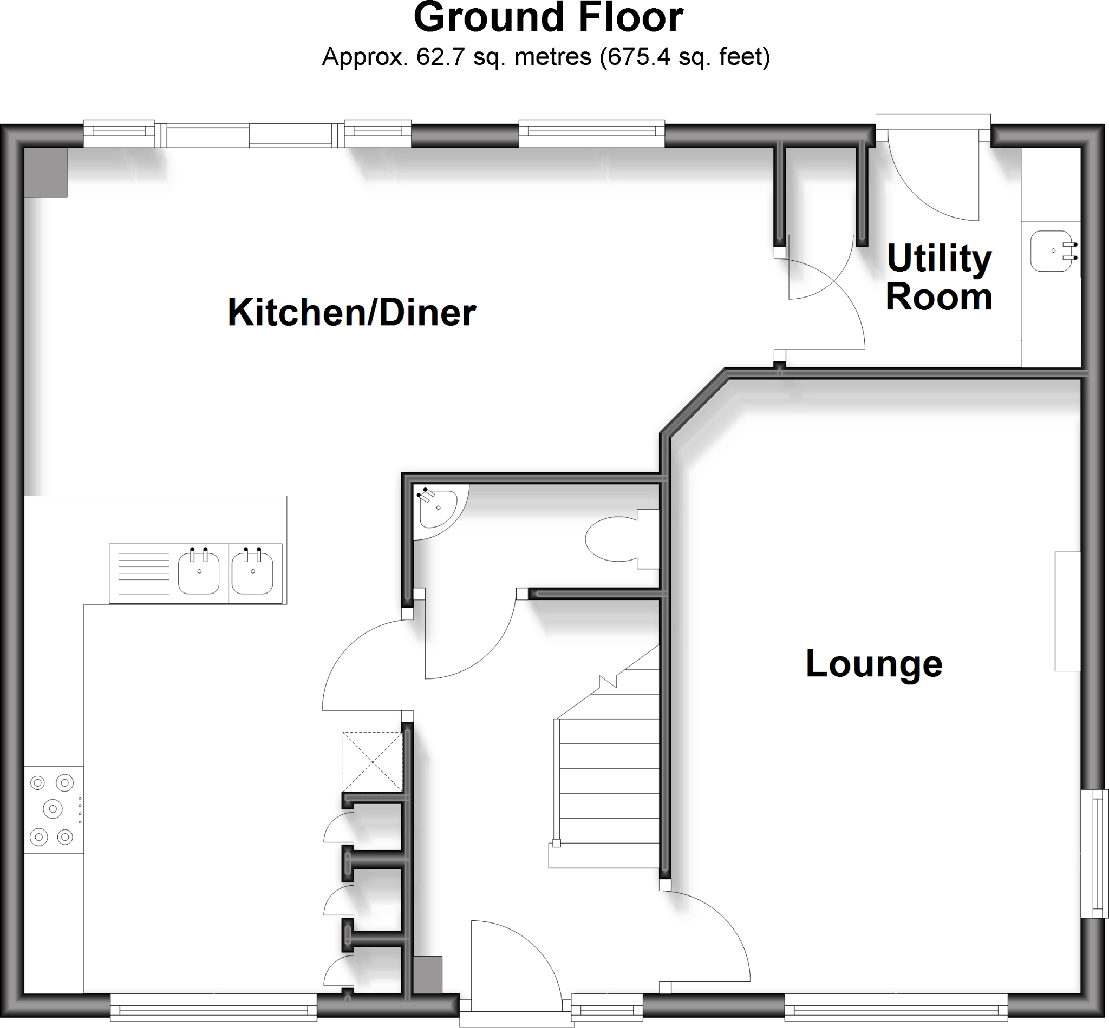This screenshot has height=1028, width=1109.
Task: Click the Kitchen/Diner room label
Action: (x=352, y=313)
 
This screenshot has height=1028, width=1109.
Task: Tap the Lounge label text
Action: (x=873, y=664)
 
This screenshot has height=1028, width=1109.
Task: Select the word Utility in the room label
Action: (x=939, y=259)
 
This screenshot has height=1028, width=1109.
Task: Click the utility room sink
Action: (x=1051, y=251)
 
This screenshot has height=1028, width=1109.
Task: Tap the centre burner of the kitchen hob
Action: (x=53, y=808)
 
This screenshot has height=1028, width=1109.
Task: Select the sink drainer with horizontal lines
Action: (x=143, y=574)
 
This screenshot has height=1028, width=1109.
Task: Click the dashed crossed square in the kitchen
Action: (x=372, y=762)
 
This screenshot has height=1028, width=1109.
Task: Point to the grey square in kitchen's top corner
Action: (x=45, y=172)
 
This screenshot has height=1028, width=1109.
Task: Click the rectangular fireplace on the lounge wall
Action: (x=1067, y=611)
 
